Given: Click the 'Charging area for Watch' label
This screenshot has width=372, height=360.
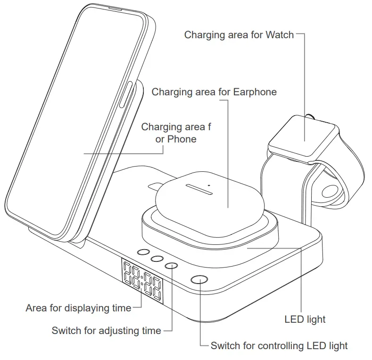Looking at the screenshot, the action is (239, 34).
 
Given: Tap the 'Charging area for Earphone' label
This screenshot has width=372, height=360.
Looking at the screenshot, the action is (214, 92).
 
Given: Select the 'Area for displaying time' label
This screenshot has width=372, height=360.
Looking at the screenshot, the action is (78, 308).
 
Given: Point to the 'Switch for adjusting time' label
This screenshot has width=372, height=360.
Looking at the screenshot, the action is (107, 331).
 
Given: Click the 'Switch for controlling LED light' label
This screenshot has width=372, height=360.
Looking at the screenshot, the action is (279, 346).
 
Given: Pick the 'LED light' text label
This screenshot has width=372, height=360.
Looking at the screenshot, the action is (305, 319).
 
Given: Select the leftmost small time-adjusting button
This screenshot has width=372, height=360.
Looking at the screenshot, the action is (144, 253).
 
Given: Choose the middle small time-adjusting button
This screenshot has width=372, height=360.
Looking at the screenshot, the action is (158, 259).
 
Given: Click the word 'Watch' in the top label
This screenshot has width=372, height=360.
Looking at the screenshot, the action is (280, 34).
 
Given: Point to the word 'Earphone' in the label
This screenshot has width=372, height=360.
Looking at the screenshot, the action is (255, 92).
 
